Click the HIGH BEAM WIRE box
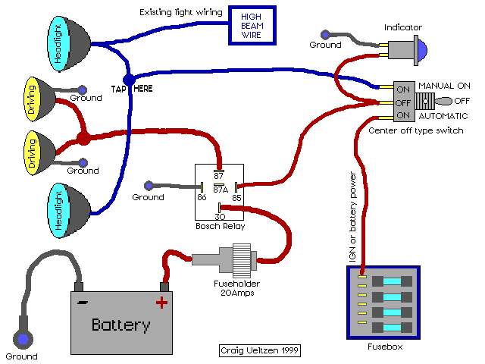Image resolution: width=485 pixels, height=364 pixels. tap(252, 26)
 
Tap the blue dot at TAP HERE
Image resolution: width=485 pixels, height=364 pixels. tap(129, 80)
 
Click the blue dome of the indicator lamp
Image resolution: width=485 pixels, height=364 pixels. tap(422, 49)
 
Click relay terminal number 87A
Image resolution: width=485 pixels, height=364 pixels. tap(221, 190)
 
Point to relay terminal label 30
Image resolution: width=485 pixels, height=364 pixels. tap(220, 217)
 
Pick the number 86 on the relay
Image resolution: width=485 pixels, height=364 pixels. tap(202, 197)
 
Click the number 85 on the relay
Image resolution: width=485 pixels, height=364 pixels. tap(236, 198)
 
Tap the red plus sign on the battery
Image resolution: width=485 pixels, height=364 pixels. tap(161, 302)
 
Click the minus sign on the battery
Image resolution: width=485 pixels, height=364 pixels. tap(82, 302)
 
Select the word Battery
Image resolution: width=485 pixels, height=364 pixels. tap(121, 325)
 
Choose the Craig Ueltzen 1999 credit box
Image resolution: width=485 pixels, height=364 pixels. tap(259, 350)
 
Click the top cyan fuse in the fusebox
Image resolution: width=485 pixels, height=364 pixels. tap(392, 281)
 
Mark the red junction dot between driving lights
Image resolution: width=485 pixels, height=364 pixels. tap(83, 138)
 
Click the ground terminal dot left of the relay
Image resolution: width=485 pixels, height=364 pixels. tap(149, 185)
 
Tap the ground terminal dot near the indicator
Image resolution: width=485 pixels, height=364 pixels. tap(325, 34)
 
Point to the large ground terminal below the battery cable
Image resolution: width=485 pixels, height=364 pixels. tap(23, 339)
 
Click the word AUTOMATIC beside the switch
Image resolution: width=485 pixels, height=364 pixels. tap(443, 116)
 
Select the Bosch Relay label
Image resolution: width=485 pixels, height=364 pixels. tap(221, 226)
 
